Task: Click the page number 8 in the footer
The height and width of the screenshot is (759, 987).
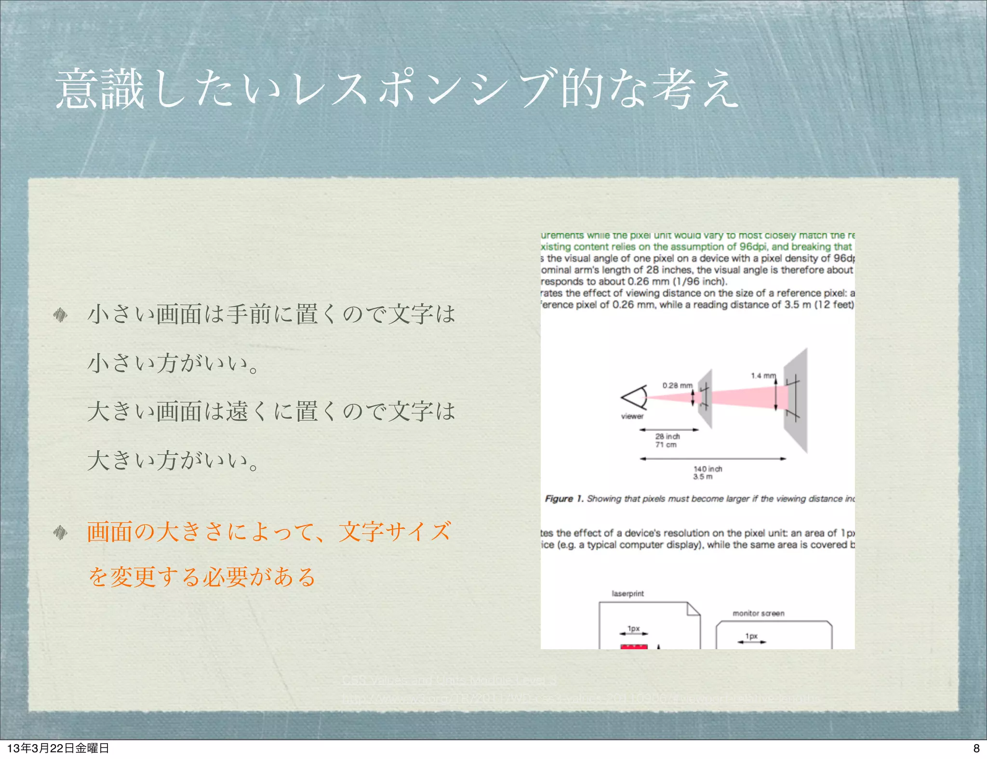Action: click(976, 748)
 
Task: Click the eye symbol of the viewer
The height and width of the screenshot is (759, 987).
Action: click(635, 397)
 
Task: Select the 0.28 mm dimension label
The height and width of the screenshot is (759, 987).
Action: click(677, 385)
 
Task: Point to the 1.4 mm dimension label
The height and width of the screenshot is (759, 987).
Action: click(763, 376)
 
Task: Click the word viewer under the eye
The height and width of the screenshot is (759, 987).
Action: click(632, 417)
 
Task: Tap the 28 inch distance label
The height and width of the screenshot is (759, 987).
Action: click(667, 436)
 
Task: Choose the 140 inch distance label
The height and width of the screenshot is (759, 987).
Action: click(708, 469)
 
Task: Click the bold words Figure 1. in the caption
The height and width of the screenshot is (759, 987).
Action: click(564, 499)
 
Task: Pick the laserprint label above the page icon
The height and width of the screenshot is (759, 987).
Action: click(627, 594)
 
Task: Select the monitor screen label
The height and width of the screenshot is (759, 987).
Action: click(758, 614)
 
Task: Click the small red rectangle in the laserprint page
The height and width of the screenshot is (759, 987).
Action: click(634, 646)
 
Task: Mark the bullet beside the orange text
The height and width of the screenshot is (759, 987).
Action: click(60, 532)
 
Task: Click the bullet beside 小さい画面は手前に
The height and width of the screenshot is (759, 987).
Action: click(60, 315)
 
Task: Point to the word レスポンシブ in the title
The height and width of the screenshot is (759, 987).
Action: click(424, 89)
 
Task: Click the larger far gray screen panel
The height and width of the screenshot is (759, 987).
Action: click(796, 400)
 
